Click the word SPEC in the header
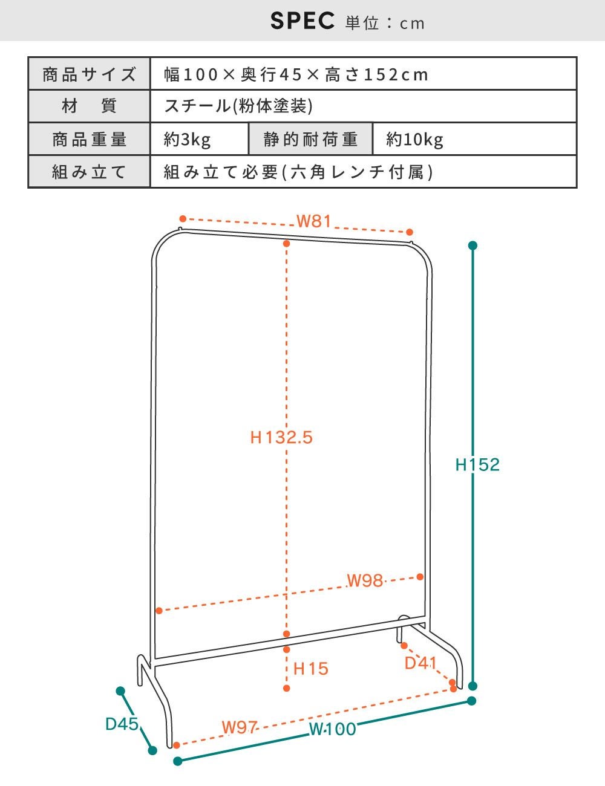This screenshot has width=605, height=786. (x=302, y=21)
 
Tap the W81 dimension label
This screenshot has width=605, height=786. (x=314, y=221)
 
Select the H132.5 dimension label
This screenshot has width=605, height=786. (x=281, y=437)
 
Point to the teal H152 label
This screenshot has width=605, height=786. (x=477, y=465)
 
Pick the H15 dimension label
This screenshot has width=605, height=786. (x=311, y=669)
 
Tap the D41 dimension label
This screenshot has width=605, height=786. (x=420, y=663)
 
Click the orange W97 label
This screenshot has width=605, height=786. (x=240, y=727)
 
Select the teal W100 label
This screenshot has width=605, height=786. (x=333, y=729)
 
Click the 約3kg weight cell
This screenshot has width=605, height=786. (x=187, y=139)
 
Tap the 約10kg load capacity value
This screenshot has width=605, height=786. (x=414, y=139)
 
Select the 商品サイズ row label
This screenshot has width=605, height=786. (x=89, y=74)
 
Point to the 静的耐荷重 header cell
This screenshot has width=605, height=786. (x=310, y=139)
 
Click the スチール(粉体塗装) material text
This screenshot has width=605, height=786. (x=238, y=106)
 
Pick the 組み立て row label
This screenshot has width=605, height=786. (x=89, y=172)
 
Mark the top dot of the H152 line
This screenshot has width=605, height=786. (x=473, y=245)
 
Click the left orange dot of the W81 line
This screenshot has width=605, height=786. (x=183, y=219)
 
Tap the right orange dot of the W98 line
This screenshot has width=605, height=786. (x=420, y=577)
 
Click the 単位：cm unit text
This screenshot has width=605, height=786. (x=385, y=23)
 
